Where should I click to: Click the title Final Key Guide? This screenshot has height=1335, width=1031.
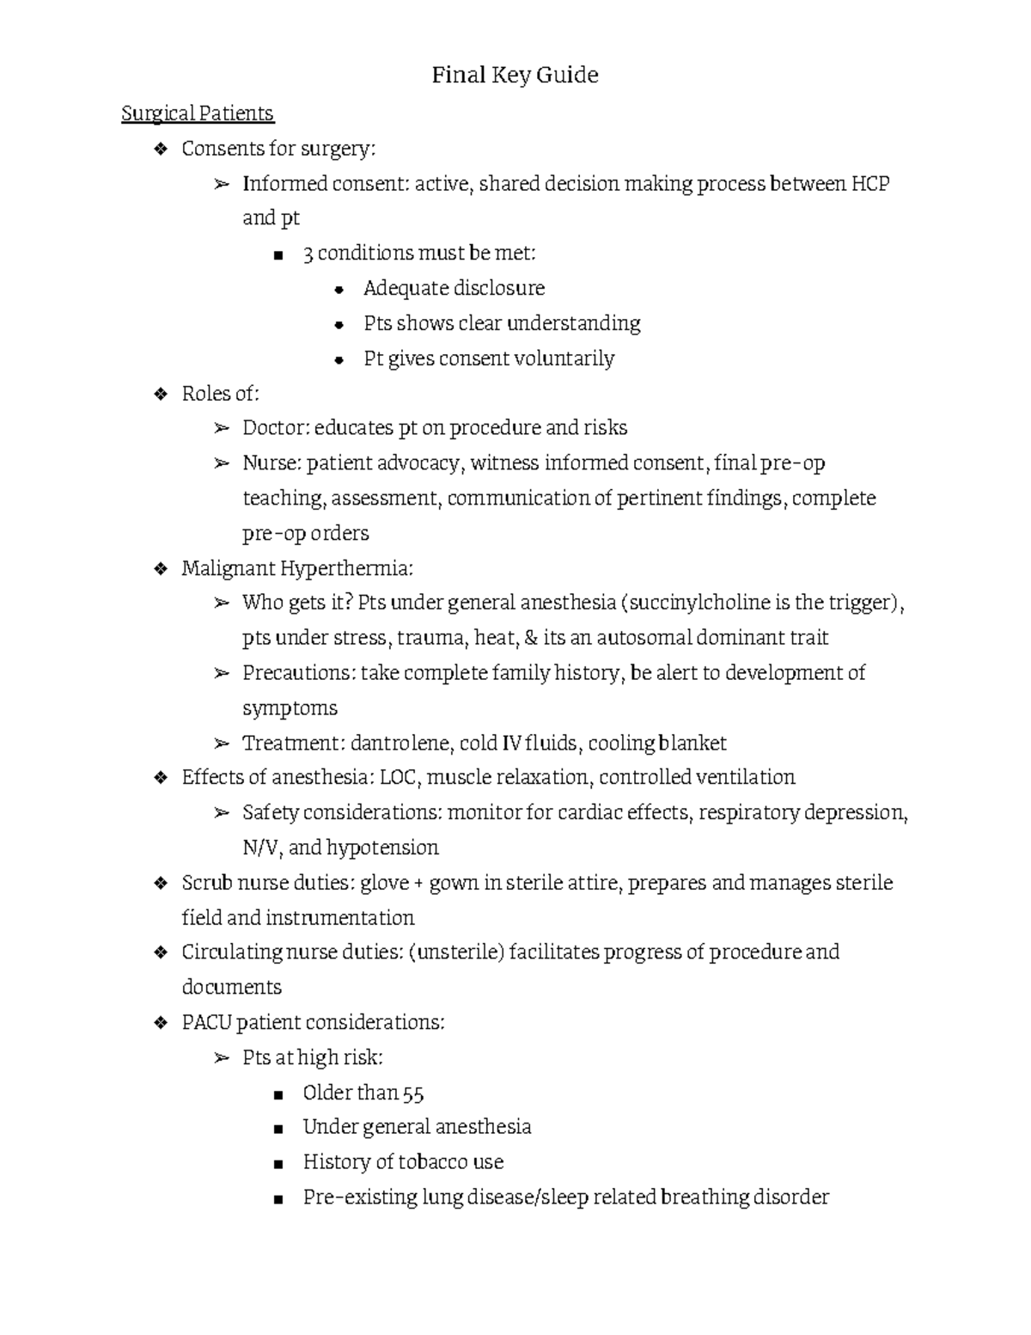(515, 76)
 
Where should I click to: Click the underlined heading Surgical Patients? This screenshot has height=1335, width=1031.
(198, 113)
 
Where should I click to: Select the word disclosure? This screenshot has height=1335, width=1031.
(499, 288)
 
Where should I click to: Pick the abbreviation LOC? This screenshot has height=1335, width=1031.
(399, 778)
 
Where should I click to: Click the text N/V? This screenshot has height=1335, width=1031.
(260, 848)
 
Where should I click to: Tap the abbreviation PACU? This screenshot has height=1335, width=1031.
(206, 1023)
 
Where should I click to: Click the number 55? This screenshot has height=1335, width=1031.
(413, 1093)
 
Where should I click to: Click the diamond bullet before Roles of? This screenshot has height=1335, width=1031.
(160, 395)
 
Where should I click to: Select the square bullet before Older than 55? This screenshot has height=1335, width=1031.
(278, 1095)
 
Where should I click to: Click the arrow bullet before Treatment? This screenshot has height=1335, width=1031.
(222, 744)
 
